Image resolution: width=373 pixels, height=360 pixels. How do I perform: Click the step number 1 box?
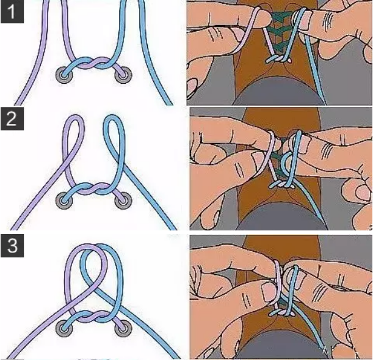point(12,12)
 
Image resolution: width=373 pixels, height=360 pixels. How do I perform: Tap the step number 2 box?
point(12,119)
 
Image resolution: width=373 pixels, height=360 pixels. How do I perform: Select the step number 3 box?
point(12,246)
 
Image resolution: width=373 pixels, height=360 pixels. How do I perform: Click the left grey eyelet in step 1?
point(64,75)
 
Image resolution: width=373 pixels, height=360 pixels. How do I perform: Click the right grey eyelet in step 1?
point(123,75)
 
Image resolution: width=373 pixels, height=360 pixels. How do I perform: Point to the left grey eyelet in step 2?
point(64,201)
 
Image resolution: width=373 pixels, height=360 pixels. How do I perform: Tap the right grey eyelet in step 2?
point(123,201)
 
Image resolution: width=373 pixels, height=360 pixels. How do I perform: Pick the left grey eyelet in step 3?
point(64,329)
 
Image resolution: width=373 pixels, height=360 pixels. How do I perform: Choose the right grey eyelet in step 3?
point(123,329)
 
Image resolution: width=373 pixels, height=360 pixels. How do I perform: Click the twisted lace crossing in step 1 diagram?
point(93,64)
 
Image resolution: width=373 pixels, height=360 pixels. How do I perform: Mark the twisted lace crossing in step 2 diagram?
point(93,189)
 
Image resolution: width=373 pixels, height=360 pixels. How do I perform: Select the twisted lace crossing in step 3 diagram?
point(93,317)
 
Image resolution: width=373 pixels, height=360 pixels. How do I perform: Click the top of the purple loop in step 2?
point(74,117)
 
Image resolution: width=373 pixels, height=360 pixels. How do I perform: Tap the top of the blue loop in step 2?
point(113,117)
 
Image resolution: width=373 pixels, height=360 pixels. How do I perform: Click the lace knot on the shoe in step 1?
point(278,59)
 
